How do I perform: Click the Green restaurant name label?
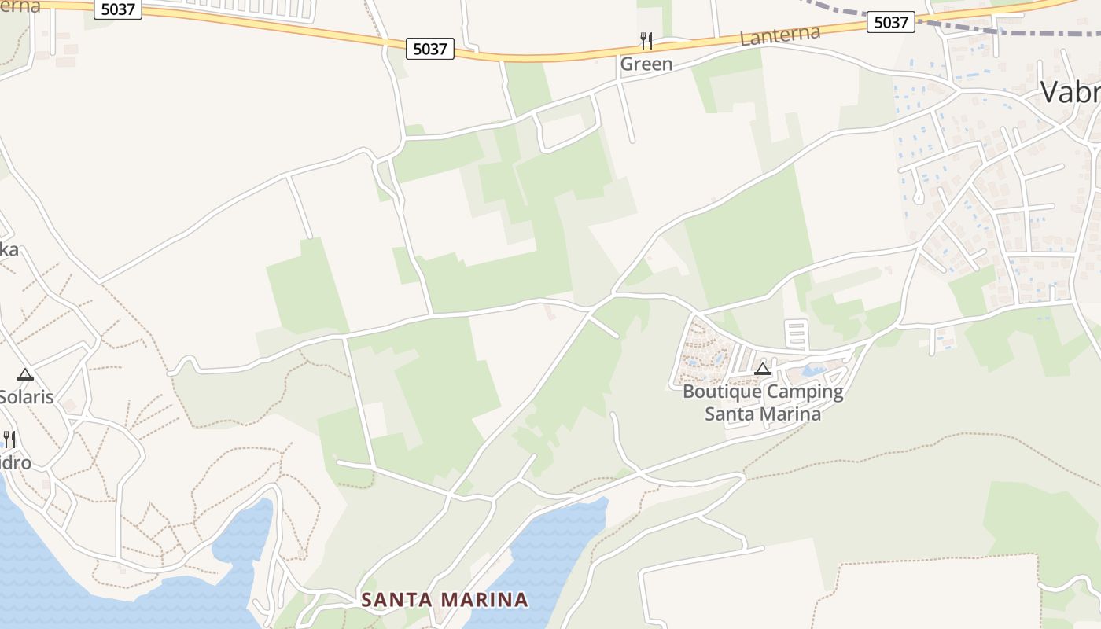coord(646,64)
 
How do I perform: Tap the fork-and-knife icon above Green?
coord(646,40)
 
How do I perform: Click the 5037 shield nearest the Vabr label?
coord(891,22)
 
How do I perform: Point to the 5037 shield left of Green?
coord(430,49)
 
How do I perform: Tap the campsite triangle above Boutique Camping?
coord(762,369)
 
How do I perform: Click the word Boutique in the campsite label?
coord(722,392)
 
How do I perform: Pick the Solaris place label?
coord(26,397)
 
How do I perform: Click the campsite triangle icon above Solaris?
coord(25,374)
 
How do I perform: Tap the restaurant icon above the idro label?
coord(9,439)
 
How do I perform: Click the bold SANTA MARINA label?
coord(444,600)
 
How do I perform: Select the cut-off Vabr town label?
coord(1070,92)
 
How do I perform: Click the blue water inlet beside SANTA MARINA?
coord(550,550)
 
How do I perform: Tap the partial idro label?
coord(16,462)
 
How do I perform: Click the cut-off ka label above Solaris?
coord(9,250)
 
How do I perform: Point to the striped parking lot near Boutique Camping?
coord(796,334)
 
